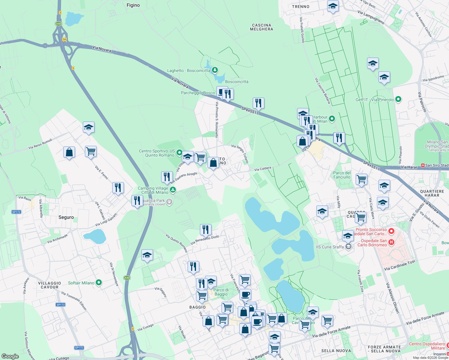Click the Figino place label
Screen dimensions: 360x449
coord(133,5)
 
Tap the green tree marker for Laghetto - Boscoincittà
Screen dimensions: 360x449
coord(215,70)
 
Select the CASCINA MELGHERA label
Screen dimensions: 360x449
coord(261,27)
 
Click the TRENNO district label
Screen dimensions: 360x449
coord(300,7)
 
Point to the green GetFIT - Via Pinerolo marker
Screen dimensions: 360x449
coord(398,99)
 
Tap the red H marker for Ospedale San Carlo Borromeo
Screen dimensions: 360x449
coord(391,242)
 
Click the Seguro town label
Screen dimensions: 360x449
coord(66,217)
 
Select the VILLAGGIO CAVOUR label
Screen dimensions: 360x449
coord(50,285)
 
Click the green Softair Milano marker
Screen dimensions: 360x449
coord(99,283)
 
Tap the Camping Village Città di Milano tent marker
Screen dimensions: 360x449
coord(173,190)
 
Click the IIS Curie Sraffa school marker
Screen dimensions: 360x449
coord(348,247)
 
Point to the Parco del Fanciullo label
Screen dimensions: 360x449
coord(342,175)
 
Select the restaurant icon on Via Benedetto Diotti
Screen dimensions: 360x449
coord(206,230)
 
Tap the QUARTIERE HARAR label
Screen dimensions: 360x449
coord(432,193)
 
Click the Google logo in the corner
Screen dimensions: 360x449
coord(10,356)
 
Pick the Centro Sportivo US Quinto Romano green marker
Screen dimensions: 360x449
coord(179,153)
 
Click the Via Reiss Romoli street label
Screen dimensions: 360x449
coord(40,144)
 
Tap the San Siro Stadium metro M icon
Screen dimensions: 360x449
coord(423,165)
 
